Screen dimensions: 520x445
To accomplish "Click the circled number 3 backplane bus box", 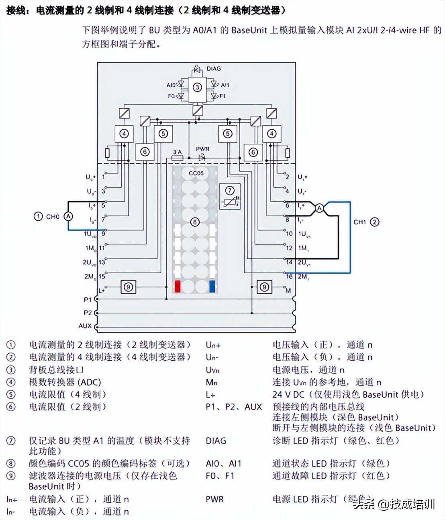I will pyautogui.click(x=197, y=87).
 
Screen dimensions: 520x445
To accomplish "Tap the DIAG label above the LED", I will pyautogui.click(x=214, y=69).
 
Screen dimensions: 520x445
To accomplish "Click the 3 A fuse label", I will pyautogui.click(x=177, y=152).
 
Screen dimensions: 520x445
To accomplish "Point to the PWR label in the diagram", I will pyautogui.click(x=202, y=149).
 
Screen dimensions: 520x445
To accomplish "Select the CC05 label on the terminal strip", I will pyautogui.click(x=196, y=174).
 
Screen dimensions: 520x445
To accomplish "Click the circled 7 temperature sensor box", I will pyautogui.click(x=229, y=196).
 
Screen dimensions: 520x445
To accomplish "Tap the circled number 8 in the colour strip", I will pyautogui.click(x=195, y=221).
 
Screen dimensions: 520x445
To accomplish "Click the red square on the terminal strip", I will pyautogui.click(x=178, y=286).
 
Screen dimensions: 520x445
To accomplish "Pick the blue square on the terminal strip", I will pyautogui.click(x=212, y=286).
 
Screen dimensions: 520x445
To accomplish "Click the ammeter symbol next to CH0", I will pyautogui.click(x=69, y=216).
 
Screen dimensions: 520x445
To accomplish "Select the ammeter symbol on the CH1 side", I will pyautogui.click(x=319, y=208).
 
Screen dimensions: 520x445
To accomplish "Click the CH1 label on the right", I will pyautogui.click(x=359, y=222).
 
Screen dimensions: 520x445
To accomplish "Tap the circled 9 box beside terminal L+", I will pyautogui.click(x=128, y=287).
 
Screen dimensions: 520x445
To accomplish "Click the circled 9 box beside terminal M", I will pyautogui.click(x=264, y=287).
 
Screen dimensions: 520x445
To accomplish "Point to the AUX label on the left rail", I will pyautogui.click(x=85, y=326).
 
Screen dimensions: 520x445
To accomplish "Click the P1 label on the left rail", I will pyautogui.click(x=88, y=299).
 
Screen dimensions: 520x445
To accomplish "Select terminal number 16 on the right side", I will pyautogui.click(x=289, y=276).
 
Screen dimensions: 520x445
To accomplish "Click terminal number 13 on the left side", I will pyautogui.click(x=102, y=262).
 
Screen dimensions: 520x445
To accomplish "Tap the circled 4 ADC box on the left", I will pyautogui.click(x=124, y=133).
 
